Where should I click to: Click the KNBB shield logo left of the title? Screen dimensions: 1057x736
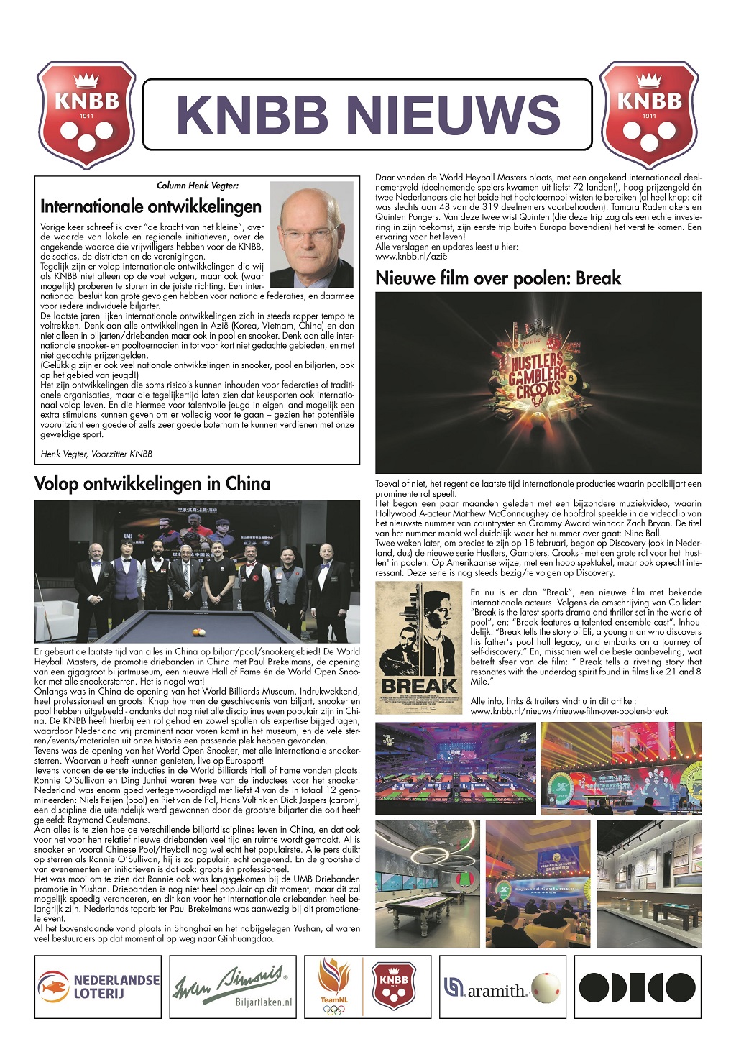click(86, 115)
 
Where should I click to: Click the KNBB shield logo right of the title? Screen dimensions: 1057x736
click(649, 115)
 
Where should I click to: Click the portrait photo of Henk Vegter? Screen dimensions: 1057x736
click(312, 234)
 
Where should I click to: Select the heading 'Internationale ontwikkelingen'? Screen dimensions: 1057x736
click(151, 207)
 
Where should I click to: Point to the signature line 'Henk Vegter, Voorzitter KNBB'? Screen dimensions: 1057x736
click(96, 454)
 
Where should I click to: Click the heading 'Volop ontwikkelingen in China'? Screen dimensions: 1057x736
click(152, 483)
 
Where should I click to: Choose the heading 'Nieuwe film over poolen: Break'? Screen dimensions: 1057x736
click(498, 278)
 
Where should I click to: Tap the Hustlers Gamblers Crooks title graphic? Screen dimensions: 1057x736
click(538, 375)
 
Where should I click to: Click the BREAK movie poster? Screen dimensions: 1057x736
click(419, 647)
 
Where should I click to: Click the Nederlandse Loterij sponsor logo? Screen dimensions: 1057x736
click(98, 987)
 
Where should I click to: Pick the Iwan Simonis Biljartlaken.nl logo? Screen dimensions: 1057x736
click(232, 987)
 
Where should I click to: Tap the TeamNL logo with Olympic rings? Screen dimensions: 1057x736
click(333, 987)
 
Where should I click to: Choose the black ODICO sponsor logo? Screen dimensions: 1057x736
click(637, 987)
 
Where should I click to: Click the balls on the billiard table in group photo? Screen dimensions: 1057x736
click(197, 631)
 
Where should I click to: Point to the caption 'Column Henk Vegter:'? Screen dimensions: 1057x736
click(198, 186)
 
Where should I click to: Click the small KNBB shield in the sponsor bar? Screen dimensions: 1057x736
click(394, 986)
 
